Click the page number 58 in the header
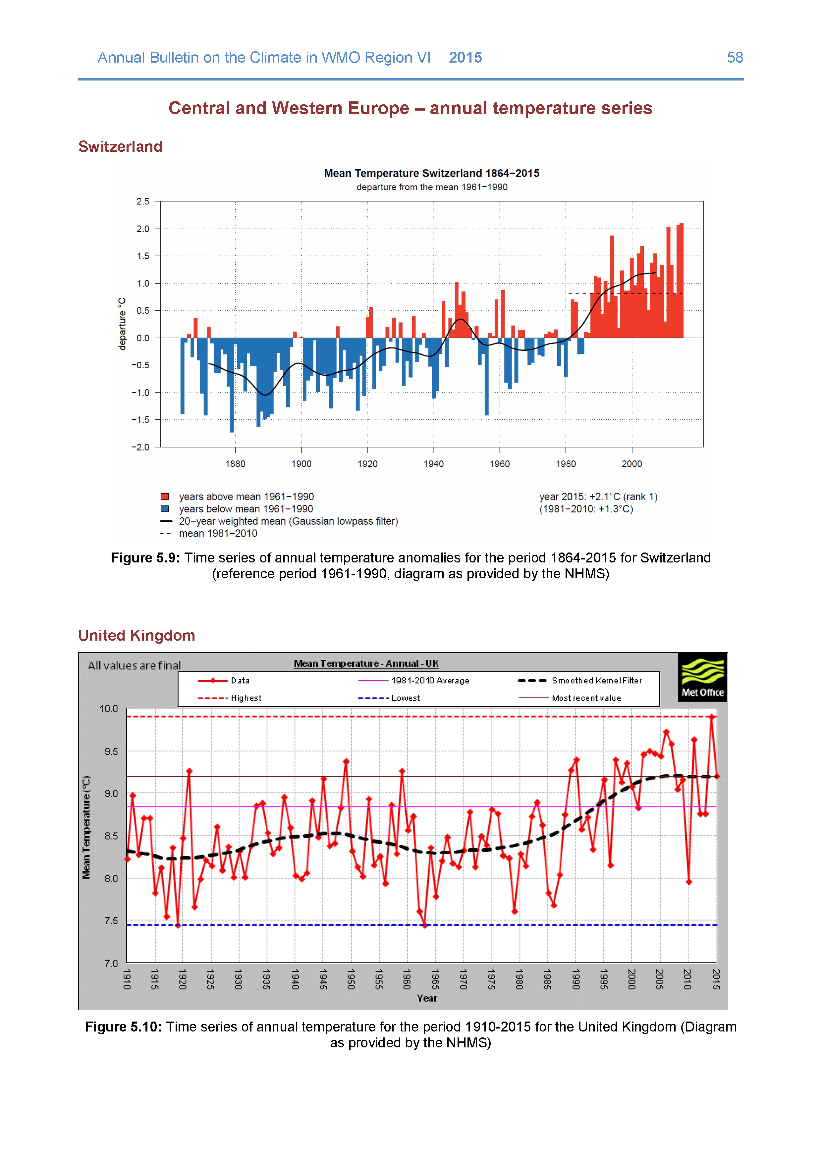pos(735,58)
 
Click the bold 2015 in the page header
pos(465,58)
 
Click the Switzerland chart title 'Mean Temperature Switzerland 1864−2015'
pos(431,174)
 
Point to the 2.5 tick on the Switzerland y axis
pos(143,201)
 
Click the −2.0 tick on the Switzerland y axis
pos(141,447)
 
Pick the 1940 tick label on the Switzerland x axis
pos(433,464)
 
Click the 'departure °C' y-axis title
pos(122,324)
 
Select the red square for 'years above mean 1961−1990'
pos(165,497)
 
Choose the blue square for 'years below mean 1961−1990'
pos(165,509)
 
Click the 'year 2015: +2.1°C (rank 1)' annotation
pos(598,497)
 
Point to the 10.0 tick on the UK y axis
pos(108,709)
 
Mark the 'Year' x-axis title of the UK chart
pos(427,998)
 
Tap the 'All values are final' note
pos(134,665)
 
